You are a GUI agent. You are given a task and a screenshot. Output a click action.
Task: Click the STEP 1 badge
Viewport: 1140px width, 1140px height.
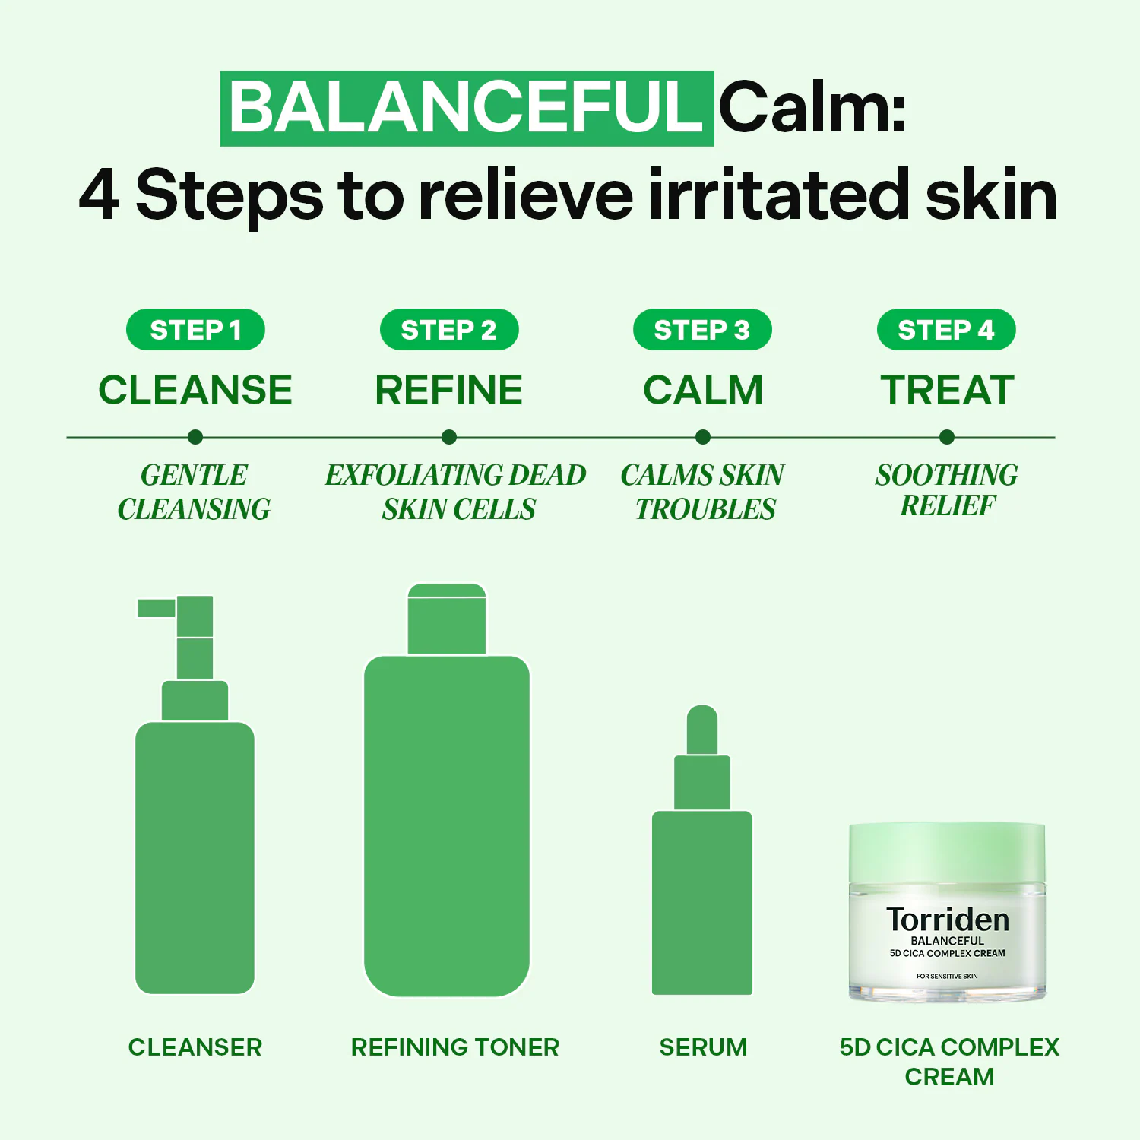coord(195,330)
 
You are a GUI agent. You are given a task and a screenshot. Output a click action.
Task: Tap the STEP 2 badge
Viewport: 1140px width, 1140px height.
coord(449,330)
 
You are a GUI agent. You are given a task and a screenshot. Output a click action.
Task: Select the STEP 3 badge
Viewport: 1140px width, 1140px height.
coord(702,330)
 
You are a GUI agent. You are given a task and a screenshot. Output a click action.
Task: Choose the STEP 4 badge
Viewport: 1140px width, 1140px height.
coord(946,330)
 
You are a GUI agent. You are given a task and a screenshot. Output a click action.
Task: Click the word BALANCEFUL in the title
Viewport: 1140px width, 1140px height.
coord(467,108)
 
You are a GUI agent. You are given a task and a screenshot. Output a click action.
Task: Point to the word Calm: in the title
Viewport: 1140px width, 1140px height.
coord(812,108)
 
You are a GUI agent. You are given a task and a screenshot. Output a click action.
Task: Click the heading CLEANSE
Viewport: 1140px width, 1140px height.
coord(195,390)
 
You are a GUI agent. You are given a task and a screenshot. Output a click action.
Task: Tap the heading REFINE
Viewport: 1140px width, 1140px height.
coord(449,390)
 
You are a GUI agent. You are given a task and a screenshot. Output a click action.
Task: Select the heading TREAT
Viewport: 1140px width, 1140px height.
coord(947,390)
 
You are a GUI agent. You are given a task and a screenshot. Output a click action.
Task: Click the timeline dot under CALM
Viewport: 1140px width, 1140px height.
coord(703,437)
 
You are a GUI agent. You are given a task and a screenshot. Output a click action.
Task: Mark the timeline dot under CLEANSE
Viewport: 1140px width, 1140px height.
coord(195,437)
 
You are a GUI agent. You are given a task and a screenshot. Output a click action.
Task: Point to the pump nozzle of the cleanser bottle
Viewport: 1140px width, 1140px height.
coord(157,608)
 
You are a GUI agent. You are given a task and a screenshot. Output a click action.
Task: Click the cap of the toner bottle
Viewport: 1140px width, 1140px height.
coord(447,619)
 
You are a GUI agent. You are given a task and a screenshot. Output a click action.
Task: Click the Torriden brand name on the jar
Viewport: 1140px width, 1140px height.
coord(948,920)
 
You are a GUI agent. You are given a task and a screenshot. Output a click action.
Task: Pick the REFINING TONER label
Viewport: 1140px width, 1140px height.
coord(454,1047)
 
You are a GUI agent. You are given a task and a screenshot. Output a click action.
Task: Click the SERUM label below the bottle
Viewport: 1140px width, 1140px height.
coord(703,1047)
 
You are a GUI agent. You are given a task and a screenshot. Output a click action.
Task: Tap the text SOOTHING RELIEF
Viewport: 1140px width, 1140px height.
coord(947,490)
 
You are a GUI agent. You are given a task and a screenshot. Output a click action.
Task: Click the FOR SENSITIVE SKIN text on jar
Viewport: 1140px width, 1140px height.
coord(947,976)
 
